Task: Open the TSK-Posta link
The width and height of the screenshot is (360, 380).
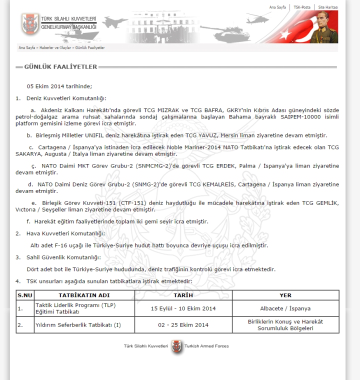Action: [x=301, y=7]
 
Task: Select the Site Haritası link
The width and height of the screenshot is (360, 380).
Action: [x=328, y=7]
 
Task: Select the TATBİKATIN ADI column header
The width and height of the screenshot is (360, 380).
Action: [x=84, y=295]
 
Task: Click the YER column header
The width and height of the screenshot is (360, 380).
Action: [x=285, y=295]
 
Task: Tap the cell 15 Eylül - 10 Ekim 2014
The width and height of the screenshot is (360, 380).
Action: [x=183, y=308]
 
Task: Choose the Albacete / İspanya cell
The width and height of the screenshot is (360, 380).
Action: [x=285, y=308]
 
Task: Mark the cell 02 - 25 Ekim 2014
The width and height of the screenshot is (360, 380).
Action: [x=183, y=325]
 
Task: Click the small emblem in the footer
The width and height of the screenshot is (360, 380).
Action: [x=176, y=346]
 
